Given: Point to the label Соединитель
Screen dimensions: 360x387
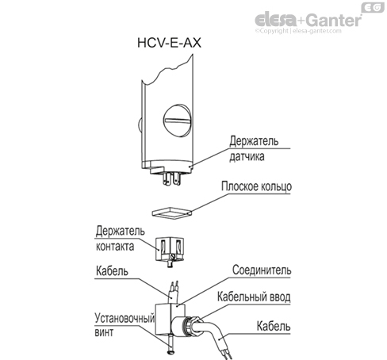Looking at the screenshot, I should point(262,270).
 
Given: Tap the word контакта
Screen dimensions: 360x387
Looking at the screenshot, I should point(116,244).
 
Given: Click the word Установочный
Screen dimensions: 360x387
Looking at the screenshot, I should point(120,321).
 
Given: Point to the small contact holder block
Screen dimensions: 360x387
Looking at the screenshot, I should point(173,247).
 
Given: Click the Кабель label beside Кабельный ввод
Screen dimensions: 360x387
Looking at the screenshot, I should point(274,326).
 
